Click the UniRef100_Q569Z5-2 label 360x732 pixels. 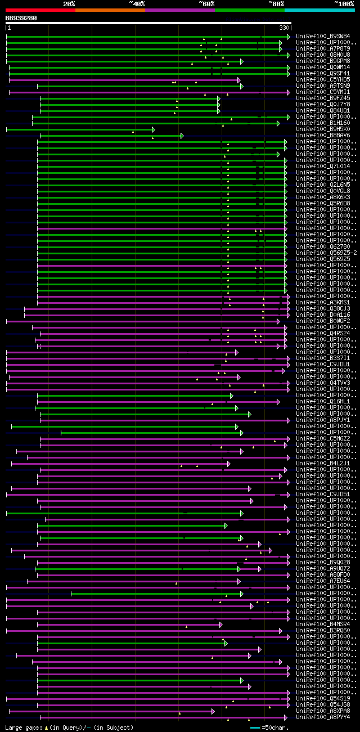tap(326, 253)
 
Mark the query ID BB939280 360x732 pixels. tap(21, 18)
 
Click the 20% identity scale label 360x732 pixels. tap(69, 4)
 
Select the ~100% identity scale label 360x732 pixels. tap(344, 4)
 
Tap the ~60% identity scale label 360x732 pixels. tap(206, 4)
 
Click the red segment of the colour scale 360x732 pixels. tap(40, 10)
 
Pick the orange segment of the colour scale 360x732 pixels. tap(110, 10)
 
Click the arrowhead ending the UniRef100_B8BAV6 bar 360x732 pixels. tap(182, 136)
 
